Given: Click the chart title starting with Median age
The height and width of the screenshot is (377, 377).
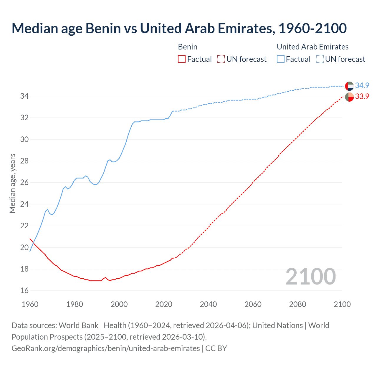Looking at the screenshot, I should pyautogui.click(x=179, y=28).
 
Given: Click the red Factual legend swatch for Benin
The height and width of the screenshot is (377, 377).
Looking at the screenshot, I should pyautogui.click(x=182, y=59).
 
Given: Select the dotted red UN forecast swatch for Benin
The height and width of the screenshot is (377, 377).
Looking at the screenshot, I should pyautogui.click(x=221, y=59).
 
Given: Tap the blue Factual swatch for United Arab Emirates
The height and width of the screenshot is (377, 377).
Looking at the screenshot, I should pyautogui.click(x=281, y=59).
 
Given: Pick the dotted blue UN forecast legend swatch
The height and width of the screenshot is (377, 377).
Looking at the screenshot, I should pyautogui.click(x=320, y=59).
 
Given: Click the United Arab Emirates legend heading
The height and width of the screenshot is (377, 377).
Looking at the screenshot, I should pyautogui.click(x=312, y=47).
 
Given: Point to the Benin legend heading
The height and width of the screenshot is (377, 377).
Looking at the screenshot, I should pyautogui.click(x=188, y=47).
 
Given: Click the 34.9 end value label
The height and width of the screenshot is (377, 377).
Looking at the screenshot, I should pyautogui.click(x=362, y=85).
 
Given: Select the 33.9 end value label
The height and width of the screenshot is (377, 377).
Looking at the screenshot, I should pyautogui.click(x=362, y=97).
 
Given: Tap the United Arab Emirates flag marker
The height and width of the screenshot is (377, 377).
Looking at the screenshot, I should pyautogui.click(x=349, y=86).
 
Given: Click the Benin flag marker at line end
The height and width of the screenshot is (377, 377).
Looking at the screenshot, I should pyautogui.click(x=349, y=97).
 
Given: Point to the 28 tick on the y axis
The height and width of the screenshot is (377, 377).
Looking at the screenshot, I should pyautogui.click(x=24, y=161).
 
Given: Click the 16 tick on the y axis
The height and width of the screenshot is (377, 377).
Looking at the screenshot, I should pyautogui.click(x=24, y=291).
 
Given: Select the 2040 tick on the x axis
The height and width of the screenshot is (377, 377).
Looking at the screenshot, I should pyautogui.click(x=208, y=304).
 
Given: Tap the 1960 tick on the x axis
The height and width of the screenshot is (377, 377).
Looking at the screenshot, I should pyautogui.click(x=30, y=304).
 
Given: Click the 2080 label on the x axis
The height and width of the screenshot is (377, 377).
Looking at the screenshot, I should pyautogui.click(x=297, y=304).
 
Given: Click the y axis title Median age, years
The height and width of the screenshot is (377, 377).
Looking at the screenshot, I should pyautogui.click(x=12, y=183).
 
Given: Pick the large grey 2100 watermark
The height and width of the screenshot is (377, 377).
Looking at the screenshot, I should pyautogui.click(x=310, y=277).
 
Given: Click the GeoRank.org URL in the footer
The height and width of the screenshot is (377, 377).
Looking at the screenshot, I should pyautogui.click(x=105, y=348).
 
